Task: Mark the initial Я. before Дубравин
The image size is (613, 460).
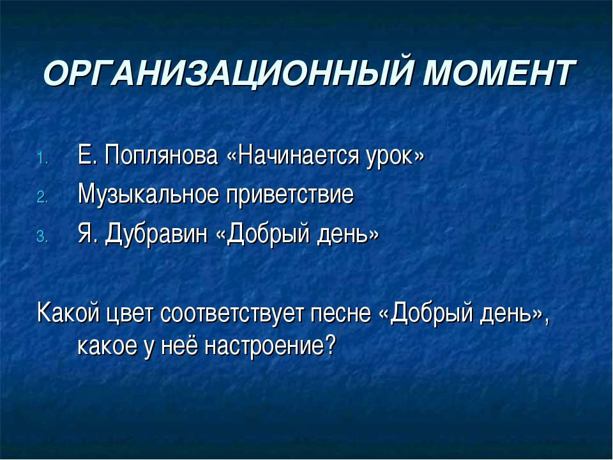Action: [86, 234]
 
